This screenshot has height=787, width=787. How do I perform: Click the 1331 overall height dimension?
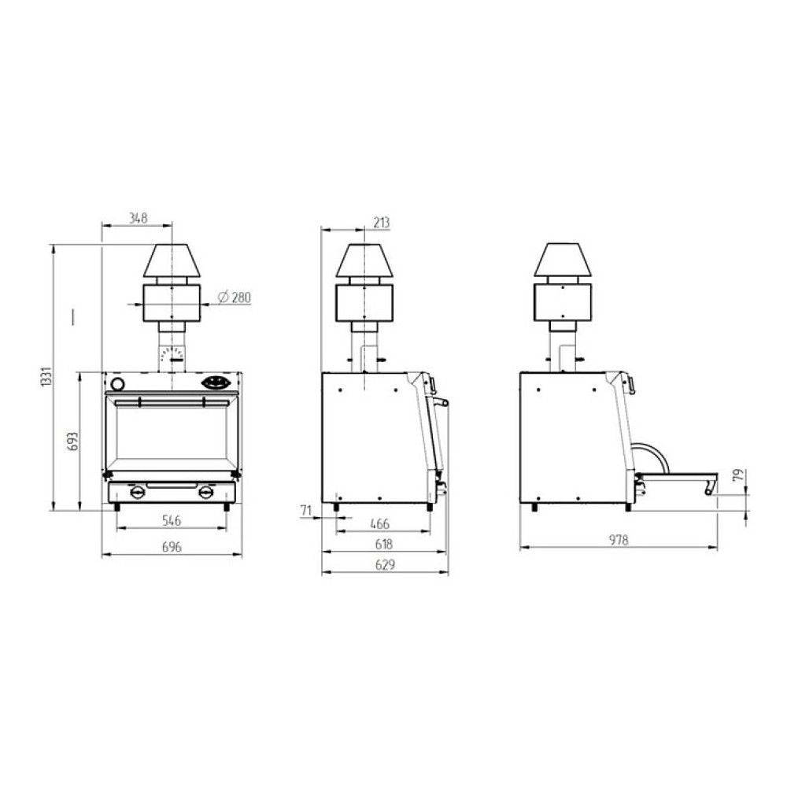coord(46,376)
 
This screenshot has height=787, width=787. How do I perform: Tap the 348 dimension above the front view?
coord(138,218)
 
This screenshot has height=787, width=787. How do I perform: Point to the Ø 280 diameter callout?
coord(235,297)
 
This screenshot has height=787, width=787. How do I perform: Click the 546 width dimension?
coord(172,520)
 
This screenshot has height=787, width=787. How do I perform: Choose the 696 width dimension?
coord(172,547)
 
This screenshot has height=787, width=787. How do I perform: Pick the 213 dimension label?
coord(382,223)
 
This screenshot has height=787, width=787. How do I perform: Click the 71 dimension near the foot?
coord(306,511)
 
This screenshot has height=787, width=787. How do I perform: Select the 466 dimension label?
coord(379,524)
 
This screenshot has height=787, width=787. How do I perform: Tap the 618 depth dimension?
coord(384,544)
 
